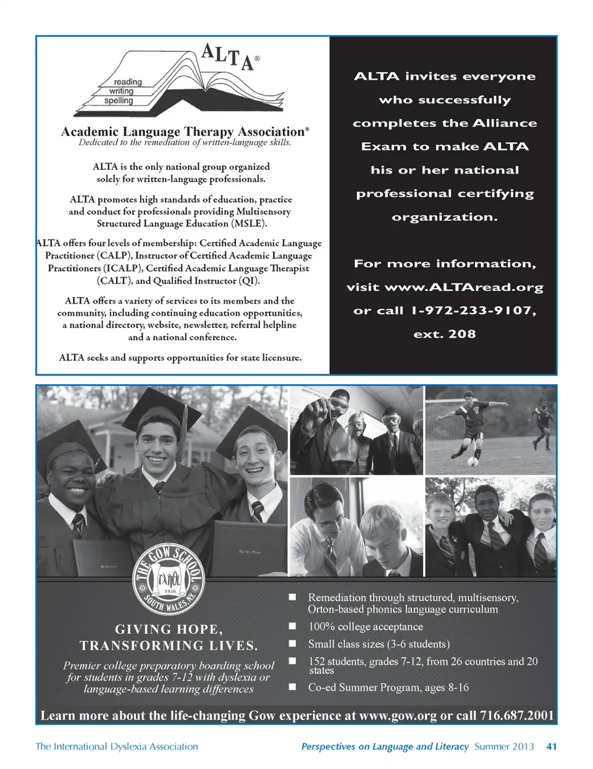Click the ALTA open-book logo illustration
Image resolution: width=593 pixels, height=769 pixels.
coord(167,83)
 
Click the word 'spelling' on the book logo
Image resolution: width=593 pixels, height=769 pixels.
coord(119,101)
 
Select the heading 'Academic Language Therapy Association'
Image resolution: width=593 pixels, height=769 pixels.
coord(183,132)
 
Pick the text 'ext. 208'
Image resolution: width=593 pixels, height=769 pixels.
coord(445,334)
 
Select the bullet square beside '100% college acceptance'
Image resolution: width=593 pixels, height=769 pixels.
coord(293,626)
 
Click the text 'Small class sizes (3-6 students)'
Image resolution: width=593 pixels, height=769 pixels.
coord(379,644)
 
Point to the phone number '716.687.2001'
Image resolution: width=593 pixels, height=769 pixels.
coord(516,715)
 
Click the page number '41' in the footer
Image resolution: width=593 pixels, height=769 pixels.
coord(552,746)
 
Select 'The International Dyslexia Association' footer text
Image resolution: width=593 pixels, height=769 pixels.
coord(117,746)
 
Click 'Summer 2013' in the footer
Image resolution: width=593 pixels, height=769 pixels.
coord(504,746)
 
